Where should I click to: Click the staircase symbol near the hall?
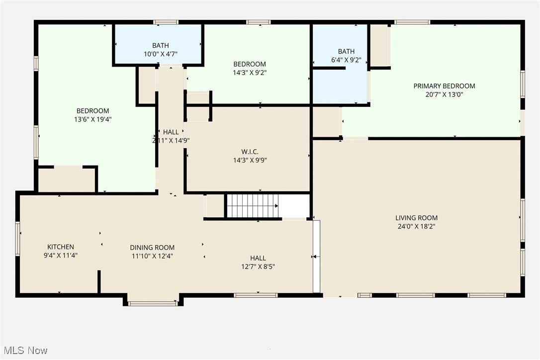pos(252,206)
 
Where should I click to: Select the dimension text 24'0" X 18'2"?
pos(416,226)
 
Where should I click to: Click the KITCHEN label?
pos(61,247)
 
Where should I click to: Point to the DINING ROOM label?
pos(152,247)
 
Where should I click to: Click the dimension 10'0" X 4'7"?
pos(160,54)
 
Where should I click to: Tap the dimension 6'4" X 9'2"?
pos(346,60)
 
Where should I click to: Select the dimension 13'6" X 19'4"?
pos(92,119)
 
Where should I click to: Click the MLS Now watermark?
pos(24,351)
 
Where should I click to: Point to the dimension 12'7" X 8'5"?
pos(258,267)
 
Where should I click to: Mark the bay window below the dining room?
pos(153,303)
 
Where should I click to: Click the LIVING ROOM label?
pos(416,218)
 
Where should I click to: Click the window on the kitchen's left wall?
pos(18,239)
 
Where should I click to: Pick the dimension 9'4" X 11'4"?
pos(61,255)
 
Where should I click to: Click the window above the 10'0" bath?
pos(166,22)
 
